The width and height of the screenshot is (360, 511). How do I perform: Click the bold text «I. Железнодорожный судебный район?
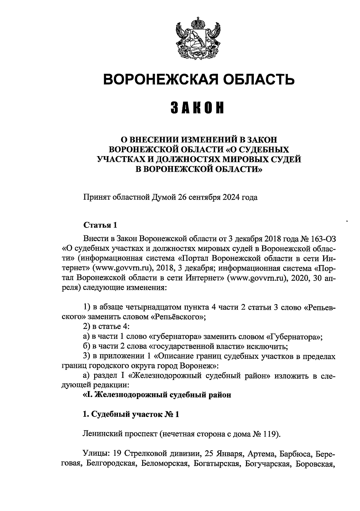(157, 395)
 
